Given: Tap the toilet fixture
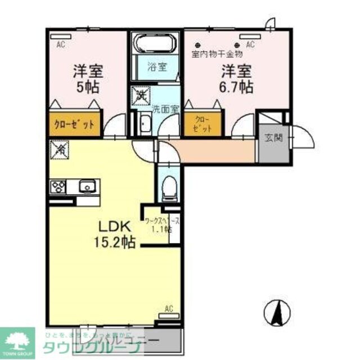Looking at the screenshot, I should point(168,187).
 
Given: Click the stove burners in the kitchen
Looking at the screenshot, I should point(58,186).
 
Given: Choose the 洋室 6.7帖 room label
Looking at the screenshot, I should point(236,79).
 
